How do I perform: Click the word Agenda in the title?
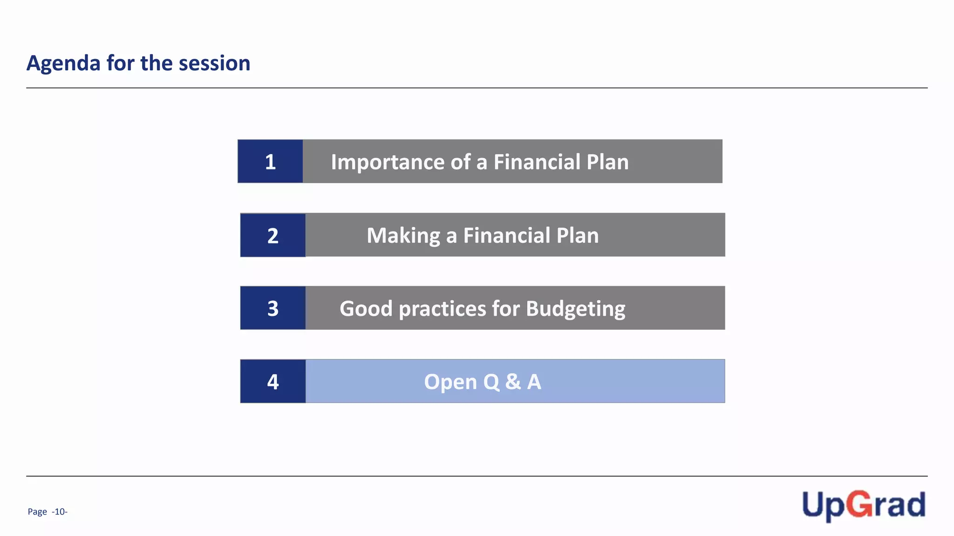(63, 63)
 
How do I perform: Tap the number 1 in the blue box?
(270, 162)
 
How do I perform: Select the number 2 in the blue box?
(273, 236)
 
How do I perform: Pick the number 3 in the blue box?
(273, 308)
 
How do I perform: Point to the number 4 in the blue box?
(273, 382)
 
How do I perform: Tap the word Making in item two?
(403, 236)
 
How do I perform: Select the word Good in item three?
(366, 309)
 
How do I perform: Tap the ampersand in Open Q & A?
(513, 382)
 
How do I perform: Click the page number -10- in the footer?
(60, 512)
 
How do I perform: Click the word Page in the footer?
(37, 512)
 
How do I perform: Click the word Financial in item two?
(506, 235)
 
